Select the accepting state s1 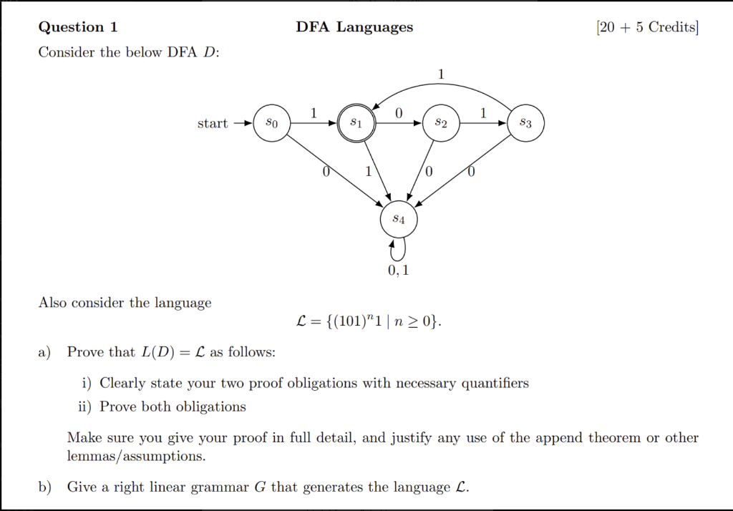point(356,124)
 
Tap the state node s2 point(441,124)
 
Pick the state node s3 point(525,124)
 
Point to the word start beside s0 point(213,124)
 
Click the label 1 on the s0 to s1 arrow point(314,112)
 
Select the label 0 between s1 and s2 point(399,112)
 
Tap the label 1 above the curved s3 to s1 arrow point(441,73)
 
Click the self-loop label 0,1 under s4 point(399,271)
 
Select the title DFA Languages point(354,27)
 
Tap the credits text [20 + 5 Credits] point(646,27)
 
